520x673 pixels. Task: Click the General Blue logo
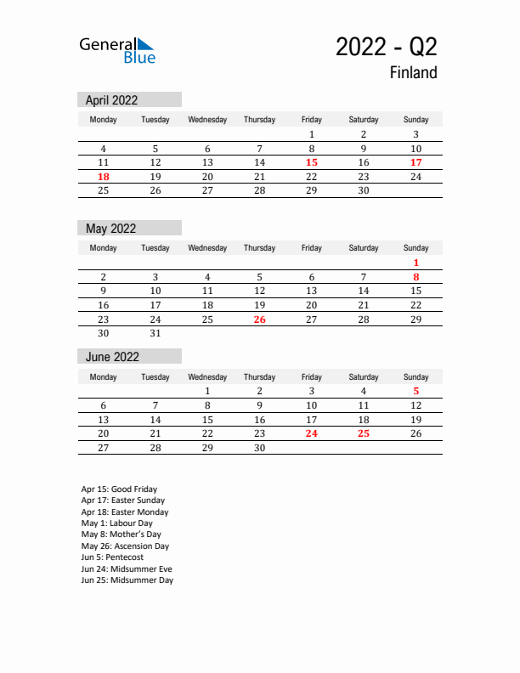117,50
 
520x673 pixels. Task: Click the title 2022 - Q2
386,48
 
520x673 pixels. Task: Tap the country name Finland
413,73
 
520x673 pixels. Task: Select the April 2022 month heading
112,100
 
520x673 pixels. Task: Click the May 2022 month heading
110,229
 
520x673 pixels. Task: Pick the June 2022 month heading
112,357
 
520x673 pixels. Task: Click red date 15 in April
311,162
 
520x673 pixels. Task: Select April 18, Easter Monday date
103,177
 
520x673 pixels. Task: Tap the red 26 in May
259,320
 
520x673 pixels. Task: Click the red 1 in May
415,263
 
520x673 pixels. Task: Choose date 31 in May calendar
155,334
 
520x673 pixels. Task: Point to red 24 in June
311,433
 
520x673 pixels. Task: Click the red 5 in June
415,392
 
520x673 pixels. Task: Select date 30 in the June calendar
259,448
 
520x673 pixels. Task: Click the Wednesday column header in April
207,120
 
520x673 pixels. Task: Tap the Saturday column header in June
364,376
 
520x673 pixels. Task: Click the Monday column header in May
103,248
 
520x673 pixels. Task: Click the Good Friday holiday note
119,489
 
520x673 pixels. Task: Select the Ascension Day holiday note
125,546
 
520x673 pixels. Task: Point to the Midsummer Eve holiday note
127,569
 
